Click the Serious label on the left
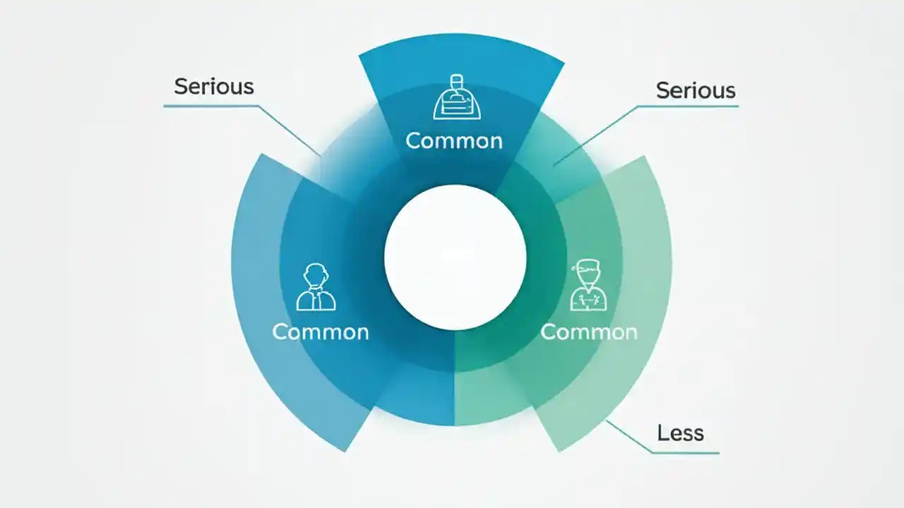(214, 87)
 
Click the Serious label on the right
(696, 90)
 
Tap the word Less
(681, 433)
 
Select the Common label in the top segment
(454, 141)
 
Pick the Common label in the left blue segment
(321, 332)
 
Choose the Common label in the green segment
(589, 332)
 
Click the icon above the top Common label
(457, 97)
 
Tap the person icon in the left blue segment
(316, 287)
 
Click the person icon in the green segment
(588, 286)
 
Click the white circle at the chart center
(456, 258)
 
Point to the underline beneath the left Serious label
(210, 107)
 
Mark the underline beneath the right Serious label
(688, 107)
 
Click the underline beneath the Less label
(685, 453)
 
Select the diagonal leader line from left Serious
(290, 131)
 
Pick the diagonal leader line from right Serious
(595, 136)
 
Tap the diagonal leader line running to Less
(629, 437)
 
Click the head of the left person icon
(316, 275)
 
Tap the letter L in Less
(663, 433)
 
